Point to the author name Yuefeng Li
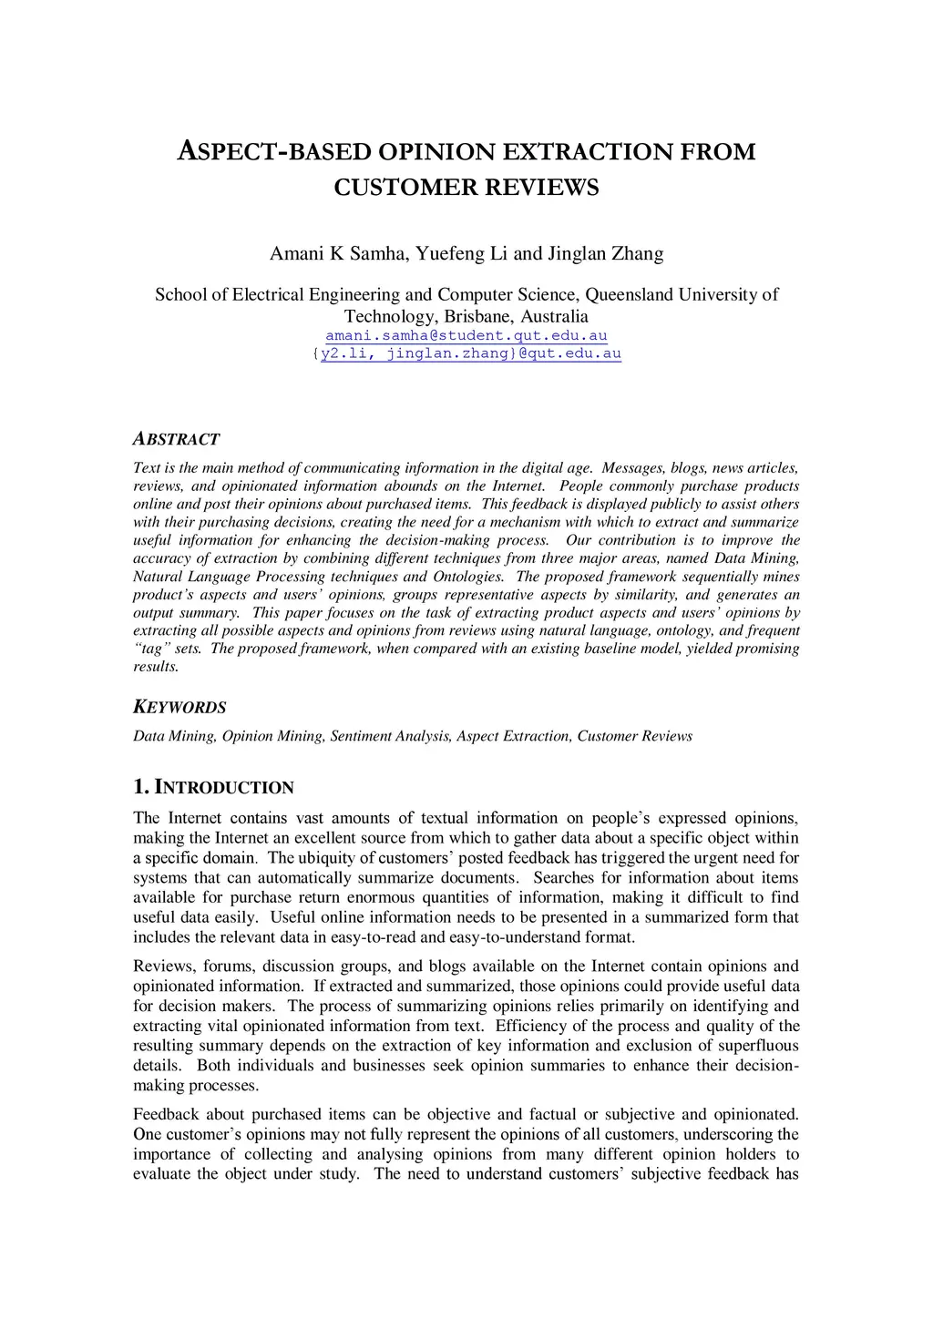(461, 253)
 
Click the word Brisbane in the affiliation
(478, 316)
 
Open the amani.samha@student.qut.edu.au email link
(466, 336)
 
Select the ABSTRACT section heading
(177, 439)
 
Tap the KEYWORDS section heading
(179, 708)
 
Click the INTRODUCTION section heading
(222, 788)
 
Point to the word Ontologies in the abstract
(471, 577)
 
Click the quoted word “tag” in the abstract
(151, 649)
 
